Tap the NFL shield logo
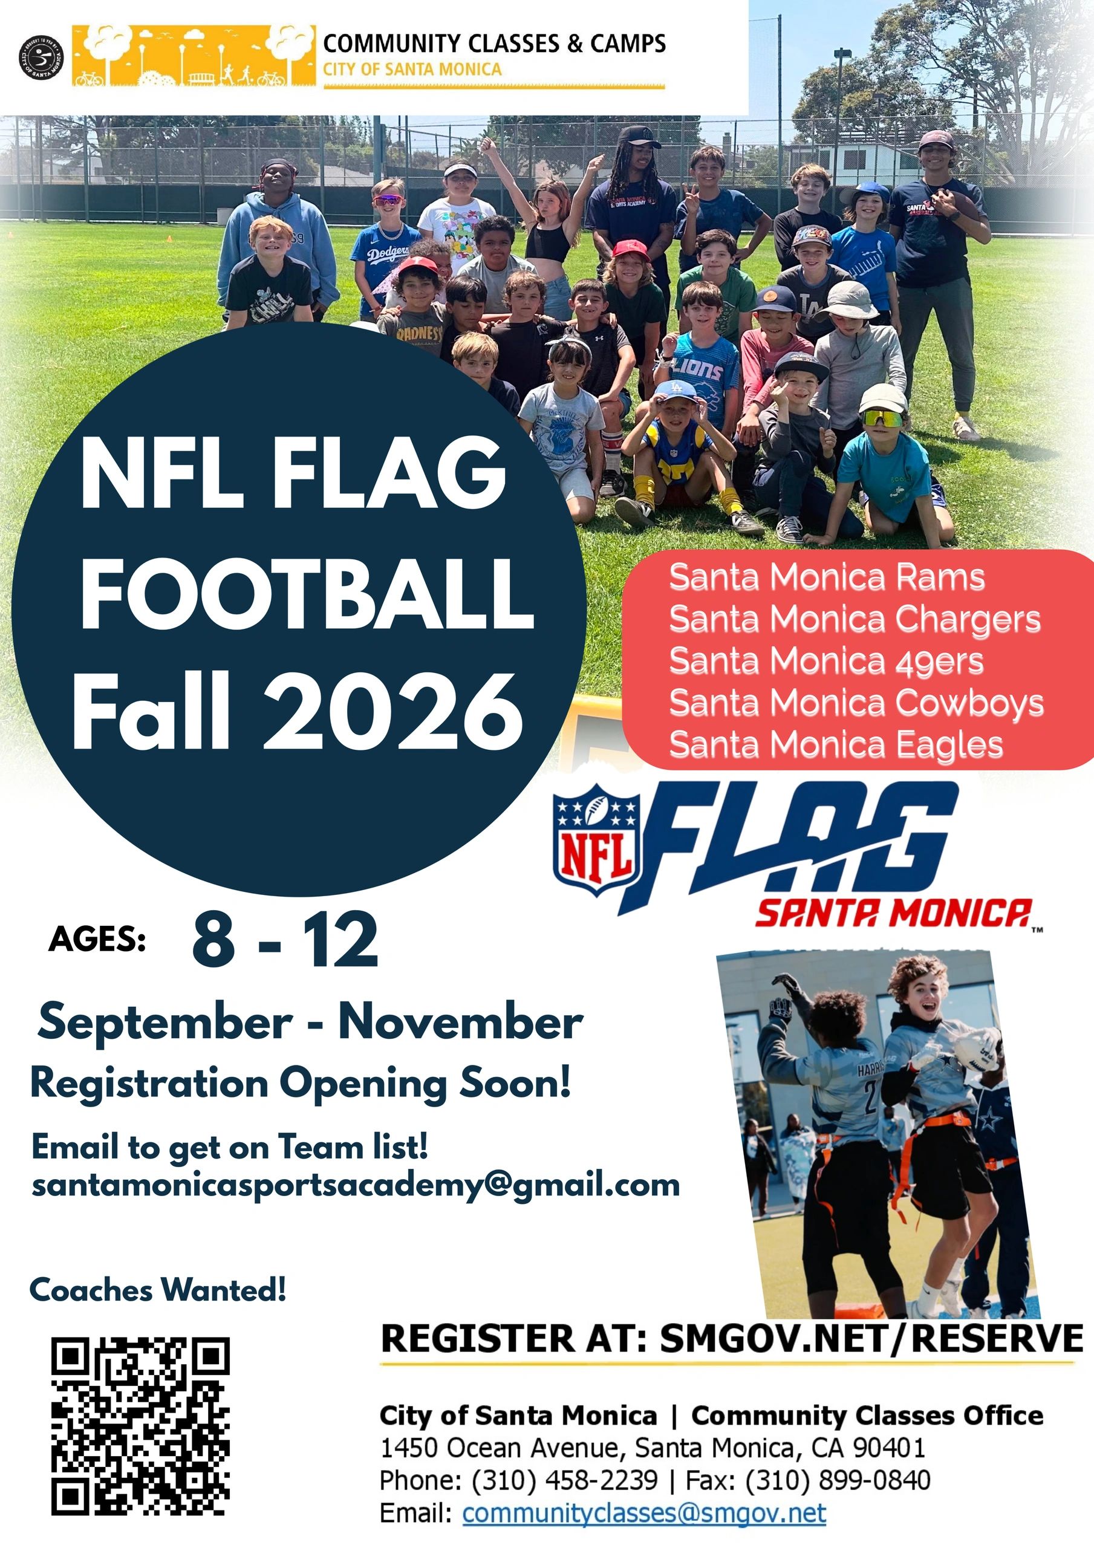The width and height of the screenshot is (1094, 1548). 595,840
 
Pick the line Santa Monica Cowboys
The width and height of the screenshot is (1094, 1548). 856,704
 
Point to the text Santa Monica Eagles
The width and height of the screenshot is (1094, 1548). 836,746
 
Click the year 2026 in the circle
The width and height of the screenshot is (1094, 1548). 392,713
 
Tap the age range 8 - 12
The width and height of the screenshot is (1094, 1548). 285,939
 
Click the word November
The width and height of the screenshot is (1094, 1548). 461,1022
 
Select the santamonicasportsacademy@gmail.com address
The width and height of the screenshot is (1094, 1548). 356,1185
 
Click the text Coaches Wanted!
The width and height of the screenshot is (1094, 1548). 158,1290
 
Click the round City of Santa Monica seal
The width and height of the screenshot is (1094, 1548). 41,57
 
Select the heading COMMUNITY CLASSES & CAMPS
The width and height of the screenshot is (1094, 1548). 495,43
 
